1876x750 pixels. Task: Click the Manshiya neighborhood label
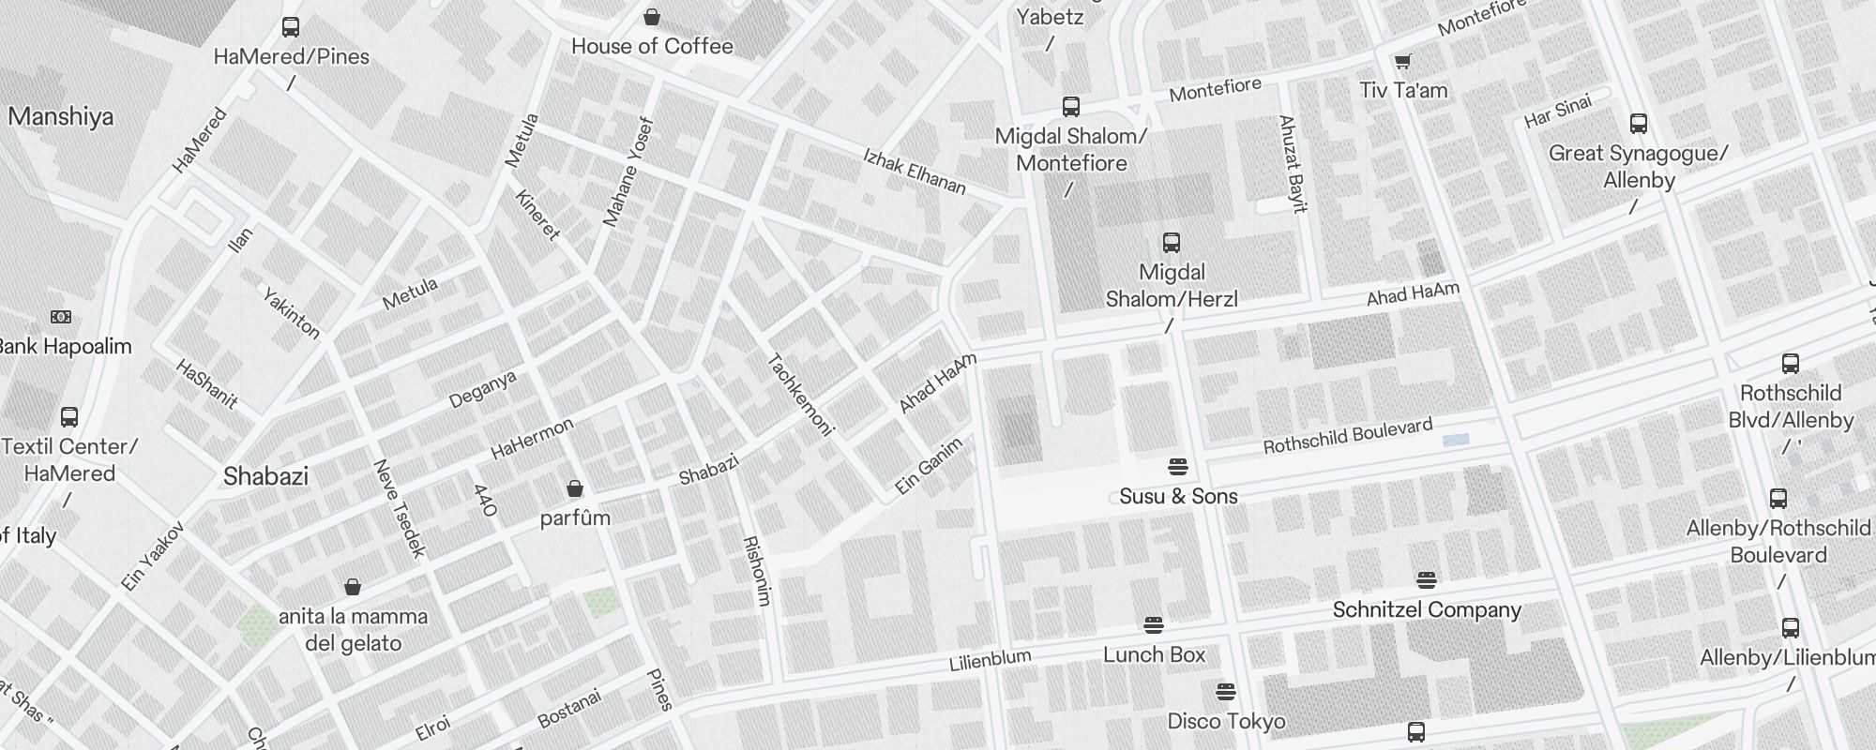click(61, 117)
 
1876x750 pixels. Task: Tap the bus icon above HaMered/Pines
click(291, 27)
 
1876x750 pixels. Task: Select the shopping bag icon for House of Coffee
click(652, 17)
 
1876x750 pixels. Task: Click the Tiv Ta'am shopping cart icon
click(1402, 62)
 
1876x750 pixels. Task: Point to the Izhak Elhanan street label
click(914, 171)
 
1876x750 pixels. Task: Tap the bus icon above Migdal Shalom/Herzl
click(1171, 243)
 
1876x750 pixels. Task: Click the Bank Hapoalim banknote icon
click(61, 317)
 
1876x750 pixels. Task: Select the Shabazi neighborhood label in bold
click(265, 476)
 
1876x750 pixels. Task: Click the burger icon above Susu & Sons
click(1178, 466)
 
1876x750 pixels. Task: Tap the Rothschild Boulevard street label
click(1347, 436)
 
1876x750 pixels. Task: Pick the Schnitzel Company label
click(1426, 609)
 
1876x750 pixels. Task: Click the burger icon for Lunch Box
click(1154, 624)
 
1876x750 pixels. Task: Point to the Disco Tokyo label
click(1226, 721)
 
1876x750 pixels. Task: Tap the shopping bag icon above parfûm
click(575, 488)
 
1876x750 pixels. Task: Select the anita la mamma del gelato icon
click(353, 587)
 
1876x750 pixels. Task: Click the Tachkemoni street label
click(800, 395)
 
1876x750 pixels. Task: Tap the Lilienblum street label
click(990, 660)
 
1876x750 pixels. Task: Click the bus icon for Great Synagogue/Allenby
click(1639, 124)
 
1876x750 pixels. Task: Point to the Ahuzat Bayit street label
click(1293, 163)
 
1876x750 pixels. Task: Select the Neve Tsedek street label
click(400, 508)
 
